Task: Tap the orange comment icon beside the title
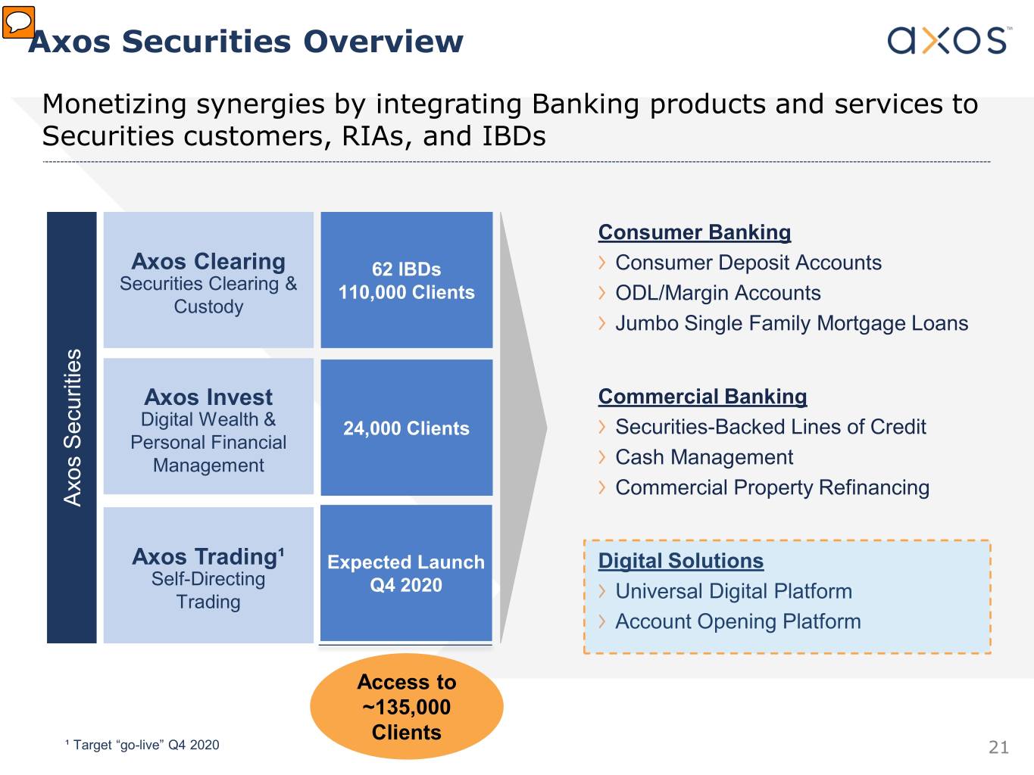click(18, 22)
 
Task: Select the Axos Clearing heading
click(208, 261)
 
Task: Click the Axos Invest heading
click(208, 397)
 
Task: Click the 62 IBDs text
click(406, 269)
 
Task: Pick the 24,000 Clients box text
click(406, 428)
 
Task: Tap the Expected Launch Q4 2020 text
click(406, 574)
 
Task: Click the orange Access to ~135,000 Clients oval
click(407, 707)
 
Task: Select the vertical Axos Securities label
click(72, 428)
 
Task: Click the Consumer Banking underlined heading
click(695, 232)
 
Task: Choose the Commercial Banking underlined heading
click(702, 397)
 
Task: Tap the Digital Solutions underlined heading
click(681, 561)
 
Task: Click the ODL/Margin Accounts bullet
click(717, 293)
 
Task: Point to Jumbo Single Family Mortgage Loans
click(792, 323)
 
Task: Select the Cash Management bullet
click(704, 457)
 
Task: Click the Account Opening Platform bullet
click(738, 621)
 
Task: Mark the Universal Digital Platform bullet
click(733, 591)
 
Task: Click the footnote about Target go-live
click(142, 745)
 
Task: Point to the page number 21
click(998, 747)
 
